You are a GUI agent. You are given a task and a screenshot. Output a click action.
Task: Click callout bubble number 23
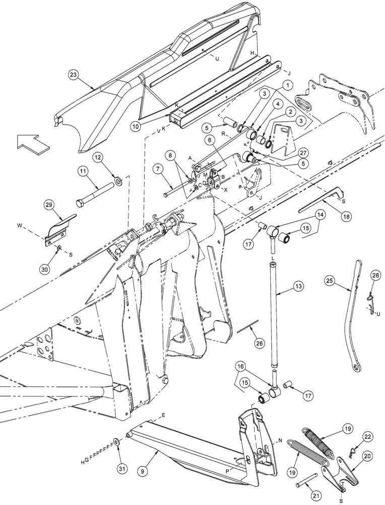point(74,74)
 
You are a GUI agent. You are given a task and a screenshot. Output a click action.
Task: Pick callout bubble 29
point(49,205)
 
